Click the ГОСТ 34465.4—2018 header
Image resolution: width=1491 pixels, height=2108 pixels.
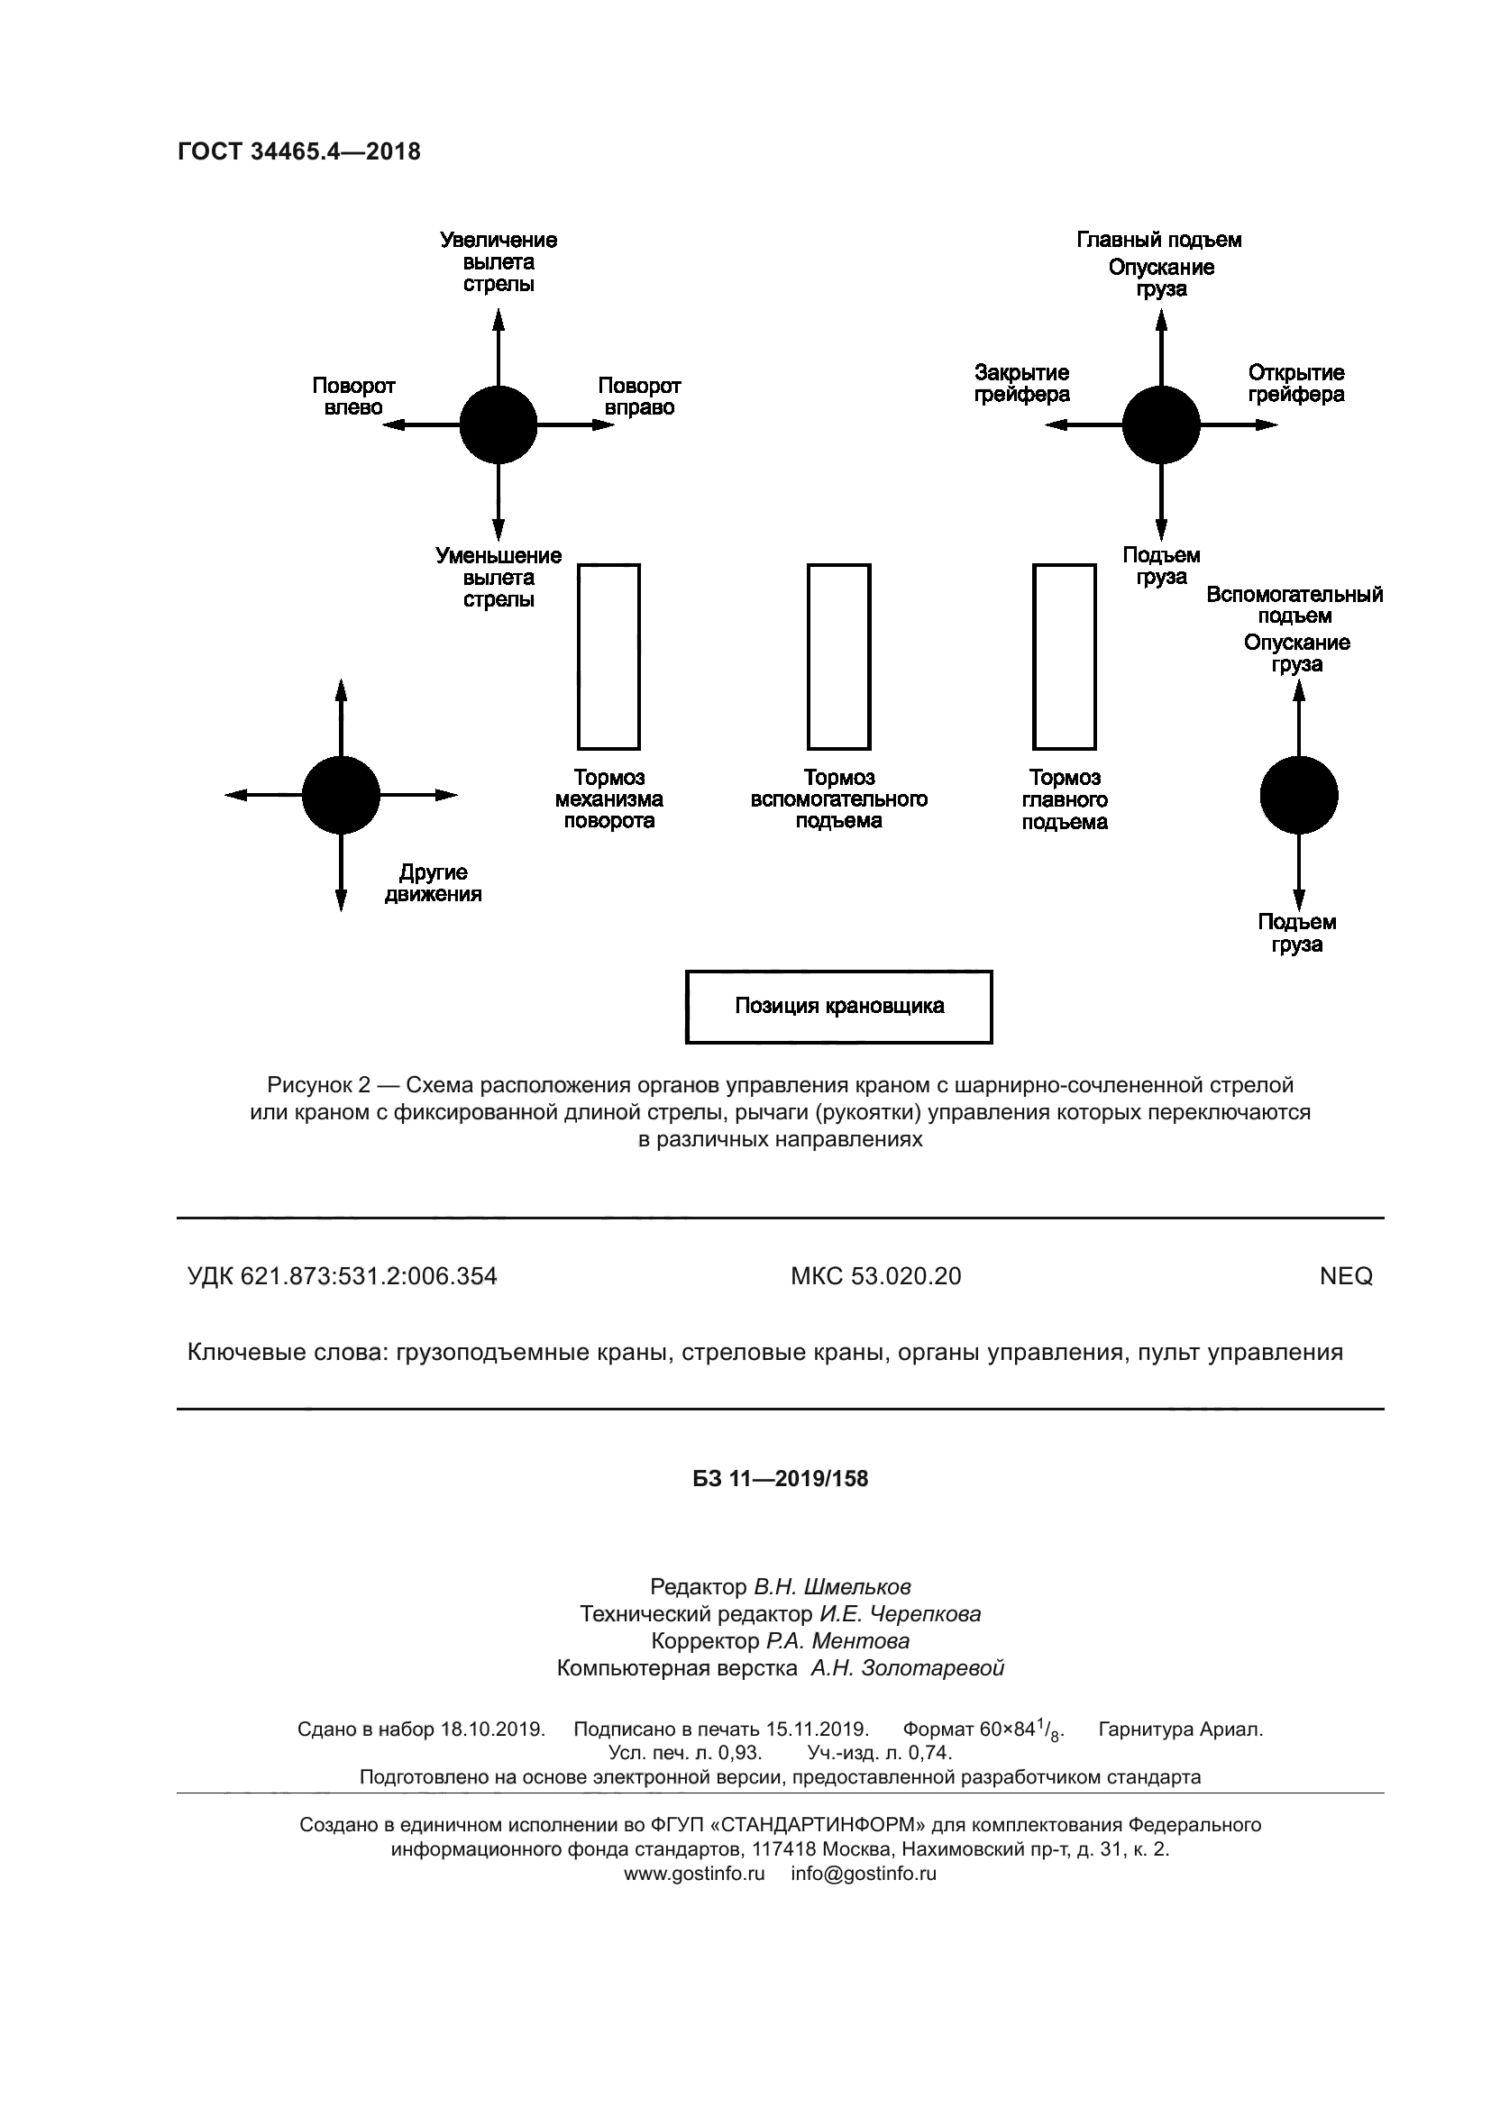tap(299, 151)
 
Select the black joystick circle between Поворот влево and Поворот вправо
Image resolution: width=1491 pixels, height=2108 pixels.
tap(498, 425)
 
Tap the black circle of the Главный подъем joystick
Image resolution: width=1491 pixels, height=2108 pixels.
tap(1160, 425)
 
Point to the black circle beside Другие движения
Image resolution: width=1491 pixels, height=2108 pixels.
tap(341, 795)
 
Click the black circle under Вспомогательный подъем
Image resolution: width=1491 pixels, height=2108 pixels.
tap(1298, 795)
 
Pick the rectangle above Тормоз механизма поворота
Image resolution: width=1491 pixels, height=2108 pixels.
tap(608, 656)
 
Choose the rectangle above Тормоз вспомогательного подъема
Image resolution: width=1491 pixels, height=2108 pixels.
tap(838, 656)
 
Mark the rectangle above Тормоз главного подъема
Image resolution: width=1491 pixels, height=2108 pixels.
tap(1064, 656)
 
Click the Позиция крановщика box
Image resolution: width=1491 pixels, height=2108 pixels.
tap(838, 1007)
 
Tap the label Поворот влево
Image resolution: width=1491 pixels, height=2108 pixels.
tap(353, 397)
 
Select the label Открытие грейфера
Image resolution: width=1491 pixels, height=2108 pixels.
tap(1295, 384)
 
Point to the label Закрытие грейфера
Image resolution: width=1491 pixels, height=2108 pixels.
tap(1022, 384)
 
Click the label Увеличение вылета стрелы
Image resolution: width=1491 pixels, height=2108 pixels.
tap(499, 261)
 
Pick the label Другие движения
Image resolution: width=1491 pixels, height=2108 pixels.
tap(433, 883)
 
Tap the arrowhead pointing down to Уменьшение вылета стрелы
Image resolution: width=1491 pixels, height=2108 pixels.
tap(498, 530)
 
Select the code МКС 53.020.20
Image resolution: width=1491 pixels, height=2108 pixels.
tap(876, 1276)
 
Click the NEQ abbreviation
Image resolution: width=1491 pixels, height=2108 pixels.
tap(1345, 1276)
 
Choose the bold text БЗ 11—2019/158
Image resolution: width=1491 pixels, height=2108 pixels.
tap(781, 1479)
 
